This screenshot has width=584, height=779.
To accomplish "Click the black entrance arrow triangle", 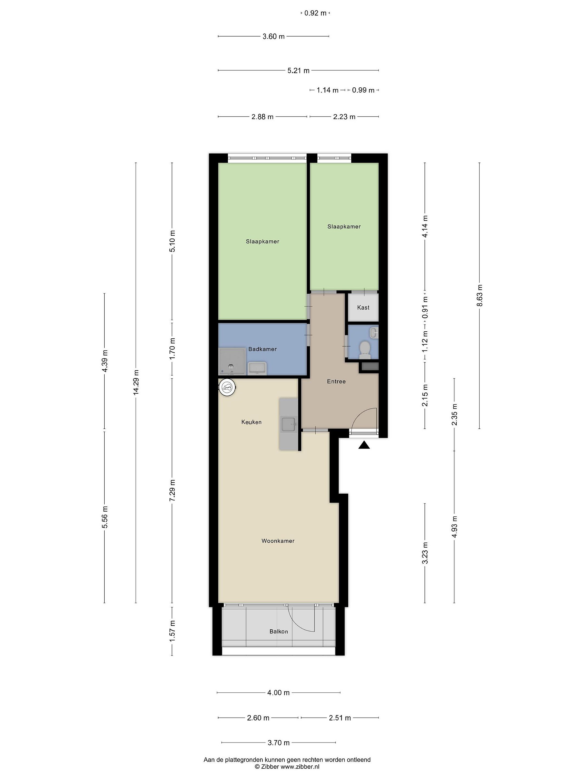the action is point(364,445).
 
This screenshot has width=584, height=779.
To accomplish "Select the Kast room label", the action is point(363,308).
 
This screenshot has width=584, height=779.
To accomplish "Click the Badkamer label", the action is point(263,349).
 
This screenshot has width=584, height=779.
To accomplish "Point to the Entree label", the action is point(336,381).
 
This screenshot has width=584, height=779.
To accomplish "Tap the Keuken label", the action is point(251,422).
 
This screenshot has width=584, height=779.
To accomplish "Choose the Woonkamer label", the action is point(278,541).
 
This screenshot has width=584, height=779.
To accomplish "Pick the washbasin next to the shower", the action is point(257,368).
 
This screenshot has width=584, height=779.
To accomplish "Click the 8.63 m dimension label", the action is point(479,295).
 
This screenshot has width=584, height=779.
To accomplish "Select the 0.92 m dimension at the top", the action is point(316,13).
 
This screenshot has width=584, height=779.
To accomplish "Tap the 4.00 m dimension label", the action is point(278,693).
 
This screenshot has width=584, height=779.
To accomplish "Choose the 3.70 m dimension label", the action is point(278,743).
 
